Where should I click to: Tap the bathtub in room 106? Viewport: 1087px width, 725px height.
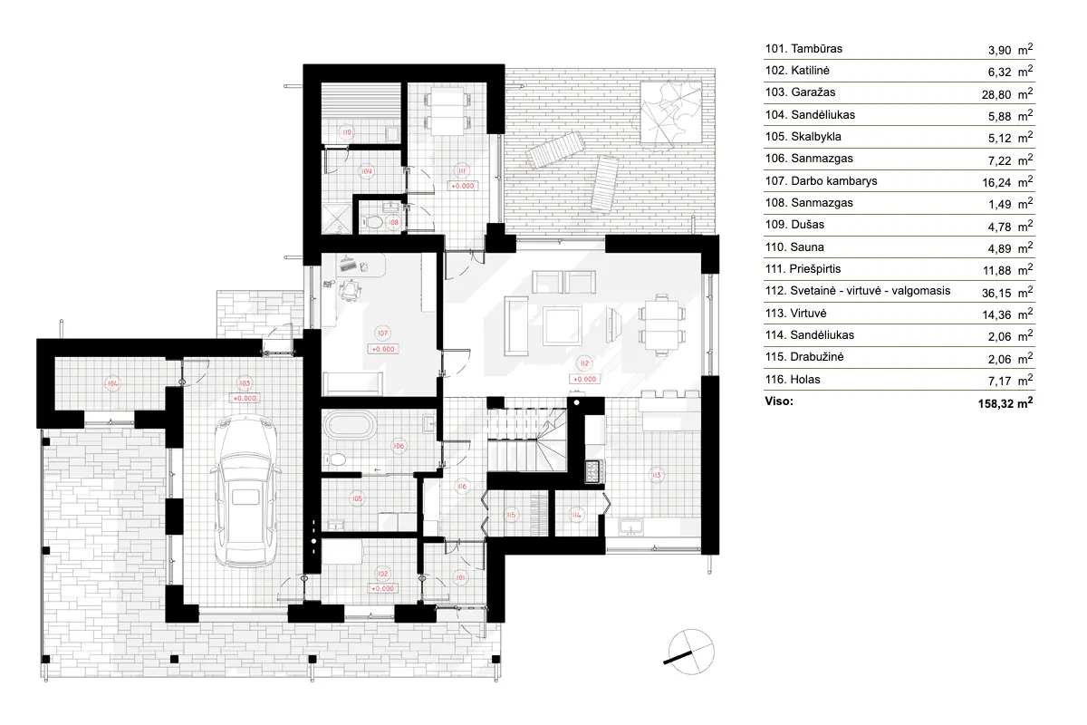tap(349, 425)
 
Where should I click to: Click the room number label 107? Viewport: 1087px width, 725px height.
tap(382, 332)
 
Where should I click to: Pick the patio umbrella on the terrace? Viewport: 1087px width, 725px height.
tap(671, 111)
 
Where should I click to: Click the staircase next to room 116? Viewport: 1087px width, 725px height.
tap(526, 438)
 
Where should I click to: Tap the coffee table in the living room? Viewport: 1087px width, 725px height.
tap(562, 325)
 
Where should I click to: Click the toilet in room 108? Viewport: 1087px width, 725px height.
tap(372, 221)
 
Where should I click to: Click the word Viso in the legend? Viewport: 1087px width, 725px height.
tap(779, 401)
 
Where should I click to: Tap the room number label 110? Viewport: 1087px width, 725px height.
tap(345, 132)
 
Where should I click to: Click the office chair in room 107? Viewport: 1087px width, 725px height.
tap(349, 288)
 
